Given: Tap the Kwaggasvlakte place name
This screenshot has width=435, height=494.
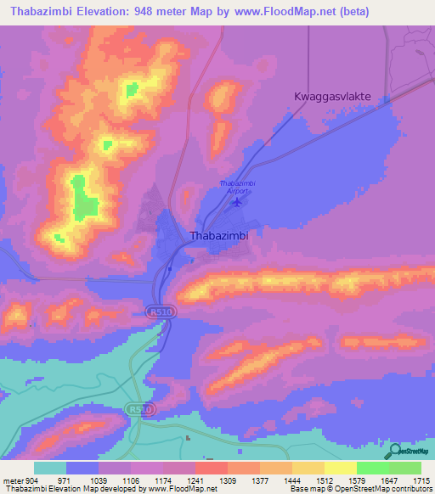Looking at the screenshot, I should (332, 97).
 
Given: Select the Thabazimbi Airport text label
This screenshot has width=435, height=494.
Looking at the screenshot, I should (237, 187).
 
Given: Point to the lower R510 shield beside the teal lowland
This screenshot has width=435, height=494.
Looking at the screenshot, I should (142, 409).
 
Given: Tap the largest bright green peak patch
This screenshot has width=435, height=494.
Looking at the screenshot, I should (83, 197).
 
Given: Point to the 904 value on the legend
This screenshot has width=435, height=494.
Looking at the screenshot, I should (33, 480).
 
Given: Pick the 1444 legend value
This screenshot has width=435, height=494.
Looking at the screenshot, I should (292, 480).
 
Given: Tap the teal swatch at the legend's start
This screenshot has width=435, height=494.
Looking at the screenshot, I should (50, 468).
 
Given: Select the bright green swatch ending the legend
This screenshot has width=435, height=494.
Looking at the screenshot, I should (404, 468).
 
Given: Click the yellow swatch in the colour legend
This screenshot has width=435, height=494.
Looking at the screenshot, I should (340, 468).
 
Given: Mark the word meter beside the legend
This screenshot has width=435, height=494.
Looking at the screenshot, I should (13, 480).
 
